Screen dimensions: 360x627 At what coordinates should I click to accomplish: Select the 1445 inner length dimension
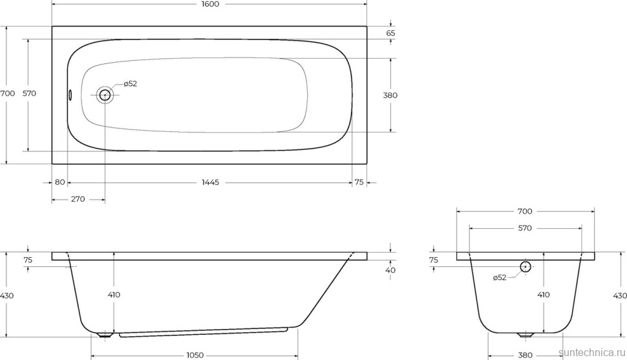point(210,182)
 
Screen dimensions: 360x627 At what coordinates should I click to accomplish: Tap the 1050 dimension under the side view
point(195,355)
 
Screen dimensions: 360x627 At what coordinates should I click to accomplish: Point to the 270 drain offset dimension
point(78,199)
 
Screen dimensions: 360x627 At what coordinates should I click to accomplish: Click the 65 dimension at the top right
point(390,33)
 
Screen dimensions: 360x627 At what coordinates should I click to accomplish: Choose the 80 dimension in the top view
point(59,182)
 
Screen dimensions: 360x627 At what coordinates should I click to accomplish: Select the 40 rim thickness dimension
point(390,270)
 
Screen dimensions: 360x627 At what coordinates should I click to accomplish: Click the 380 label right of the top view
point(390,95)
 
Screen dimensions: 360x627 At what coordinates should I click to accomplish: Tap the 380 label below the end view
point(525,355)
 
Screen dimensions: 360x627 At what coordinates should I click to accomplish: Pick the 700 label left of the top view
point(7,94)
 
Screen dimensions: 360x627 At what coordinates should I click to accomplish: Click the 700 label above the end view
point(525,211)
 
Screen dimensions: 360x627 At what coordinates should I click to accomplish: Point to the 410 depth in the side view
point(114,295)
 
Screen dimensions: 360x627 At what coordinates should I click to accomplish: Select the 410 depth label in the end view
point(544,295)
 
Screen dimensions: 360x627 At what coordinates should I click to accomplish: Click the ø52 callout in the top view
point(129,83)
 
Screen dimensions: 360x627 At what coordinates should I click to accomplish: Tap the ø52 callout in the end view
point(500,277)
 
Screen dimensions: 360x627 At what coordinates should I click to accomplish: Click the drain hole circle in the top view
point(105,95)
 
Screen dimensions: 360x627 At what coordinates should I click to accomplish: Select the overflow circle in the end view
point(525,266)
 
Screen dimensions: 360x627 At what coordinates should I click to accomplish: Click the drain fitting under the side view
point(105,335)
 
